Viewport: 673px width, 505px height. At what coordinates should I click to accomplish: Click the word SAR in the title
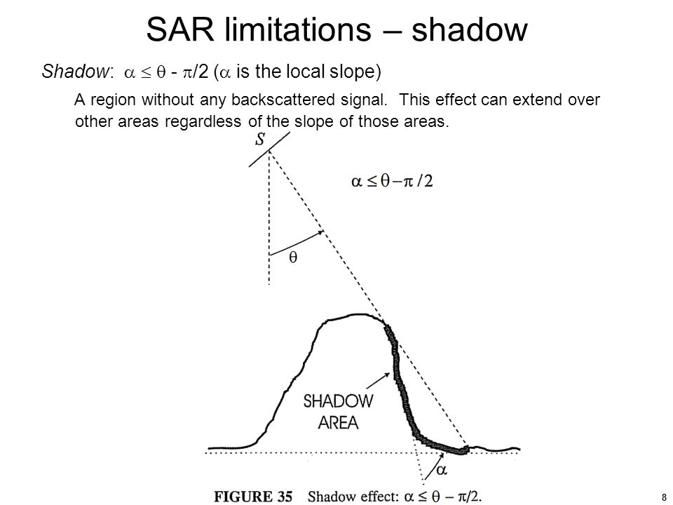(180, 29)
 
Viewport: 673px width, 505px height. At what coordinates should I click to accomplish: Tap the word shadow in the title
(469, 29)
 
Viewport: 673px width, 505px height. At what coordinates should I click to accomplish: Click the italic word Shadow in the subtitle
(76, 71)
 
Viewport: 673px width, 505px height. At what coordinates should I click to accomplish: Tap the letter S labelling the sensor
(260, 139)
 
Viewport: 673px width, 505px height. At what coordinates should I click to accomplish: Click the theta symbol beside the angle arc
(293, 257)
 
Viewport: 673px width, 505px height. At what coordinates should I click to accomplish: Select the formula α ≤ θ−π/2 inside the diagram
(392, 181)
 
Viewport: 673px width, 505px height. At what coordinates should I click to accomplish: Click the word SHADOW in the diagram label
(338, 401)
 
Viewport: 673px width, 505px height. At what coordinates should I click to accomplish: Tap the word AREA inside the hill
(338, 423)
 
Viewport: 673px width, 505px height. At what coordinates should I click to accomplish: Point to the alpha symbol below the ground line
(442, 470)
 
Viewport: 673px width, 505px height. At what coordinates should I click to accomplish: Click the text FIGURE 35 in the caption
(253, 497)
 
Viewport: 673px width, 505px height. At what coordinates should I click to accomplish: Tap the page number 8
(664, 497)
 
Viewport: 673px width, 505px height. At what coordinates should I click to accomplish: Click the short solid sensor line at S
(269, 149)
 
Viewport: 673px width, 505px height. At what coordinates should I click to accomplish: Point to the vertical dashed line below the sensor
(269, 217)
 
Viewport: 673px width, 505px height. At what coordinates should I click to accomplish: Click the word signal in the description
(364, 100)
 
